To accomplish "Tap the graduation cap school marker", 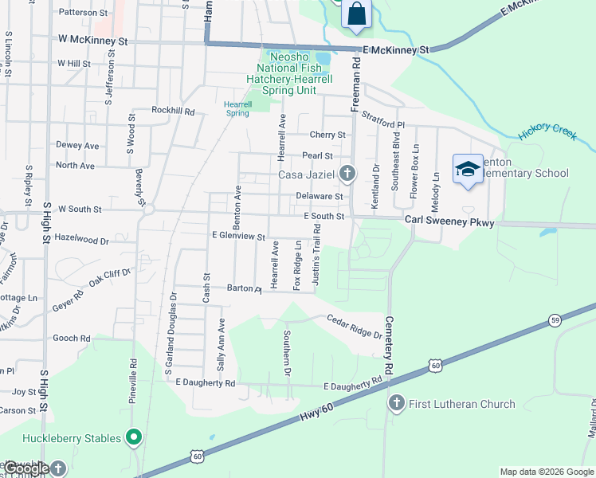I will (469, 169).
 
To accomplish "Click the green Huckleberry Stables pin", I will (134, 437).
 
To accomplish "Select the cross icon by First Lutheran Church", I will (396, 404).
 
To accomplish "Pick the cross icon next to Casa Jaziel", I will (347, 172).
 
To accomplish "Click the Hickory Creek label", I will (547, 132).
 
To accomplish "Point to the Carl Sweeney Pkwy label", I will (449, 223).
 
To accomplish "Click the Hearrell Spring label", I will (238, 108).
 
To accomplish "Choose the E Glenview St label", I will (238, 236).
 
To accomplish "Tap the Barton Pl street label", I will (244, 288).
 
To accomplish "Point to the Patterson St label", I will (83, 13).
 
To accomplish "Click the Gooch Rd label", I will (71, 338).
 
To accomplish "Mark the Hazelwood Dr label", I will (83, 240).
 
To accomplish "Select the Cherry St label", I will (327, 135).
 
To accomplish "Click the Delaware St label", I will (319, 196).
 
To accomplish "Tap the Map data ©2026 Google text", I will (546, 472).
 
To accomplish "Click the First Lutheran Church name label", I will (462, 404).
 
